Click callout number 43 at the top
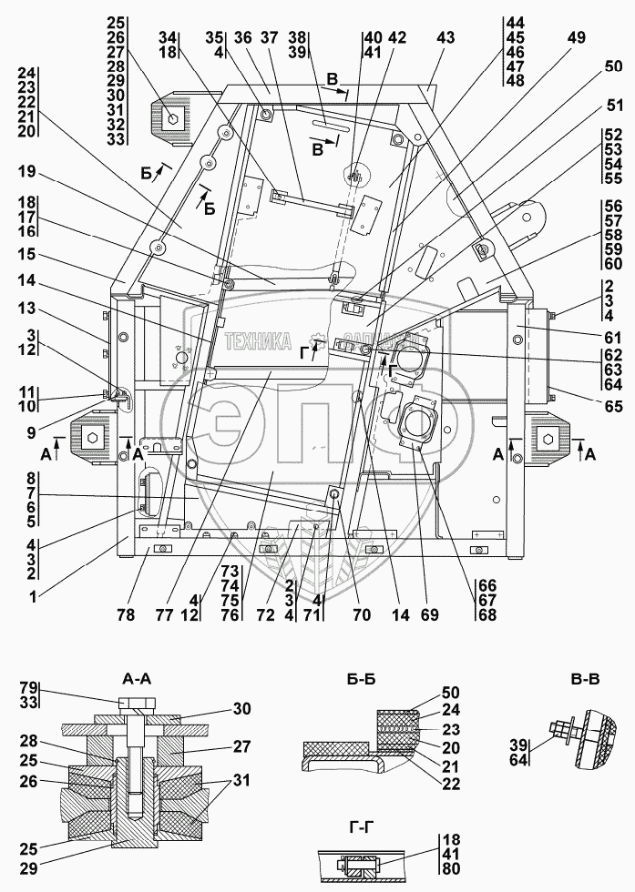(446, 37)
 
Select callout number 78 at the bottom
(126, 615)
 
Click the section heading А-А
(138, 678)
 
